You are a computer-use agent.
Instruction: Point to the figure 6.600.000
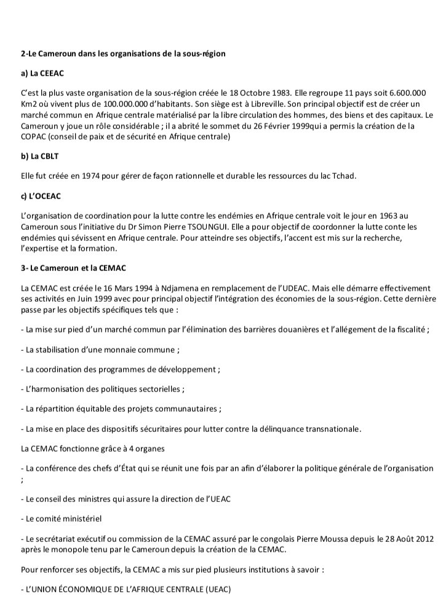(x=409, y=93)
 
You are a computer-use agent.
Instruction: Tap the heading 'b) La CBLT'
(x=36, y=156)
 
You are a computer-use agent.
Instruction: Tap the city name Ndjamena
(x=166, y=287)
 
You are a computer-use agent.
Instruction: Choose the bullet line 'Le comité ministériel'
(x=61, y=519)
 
